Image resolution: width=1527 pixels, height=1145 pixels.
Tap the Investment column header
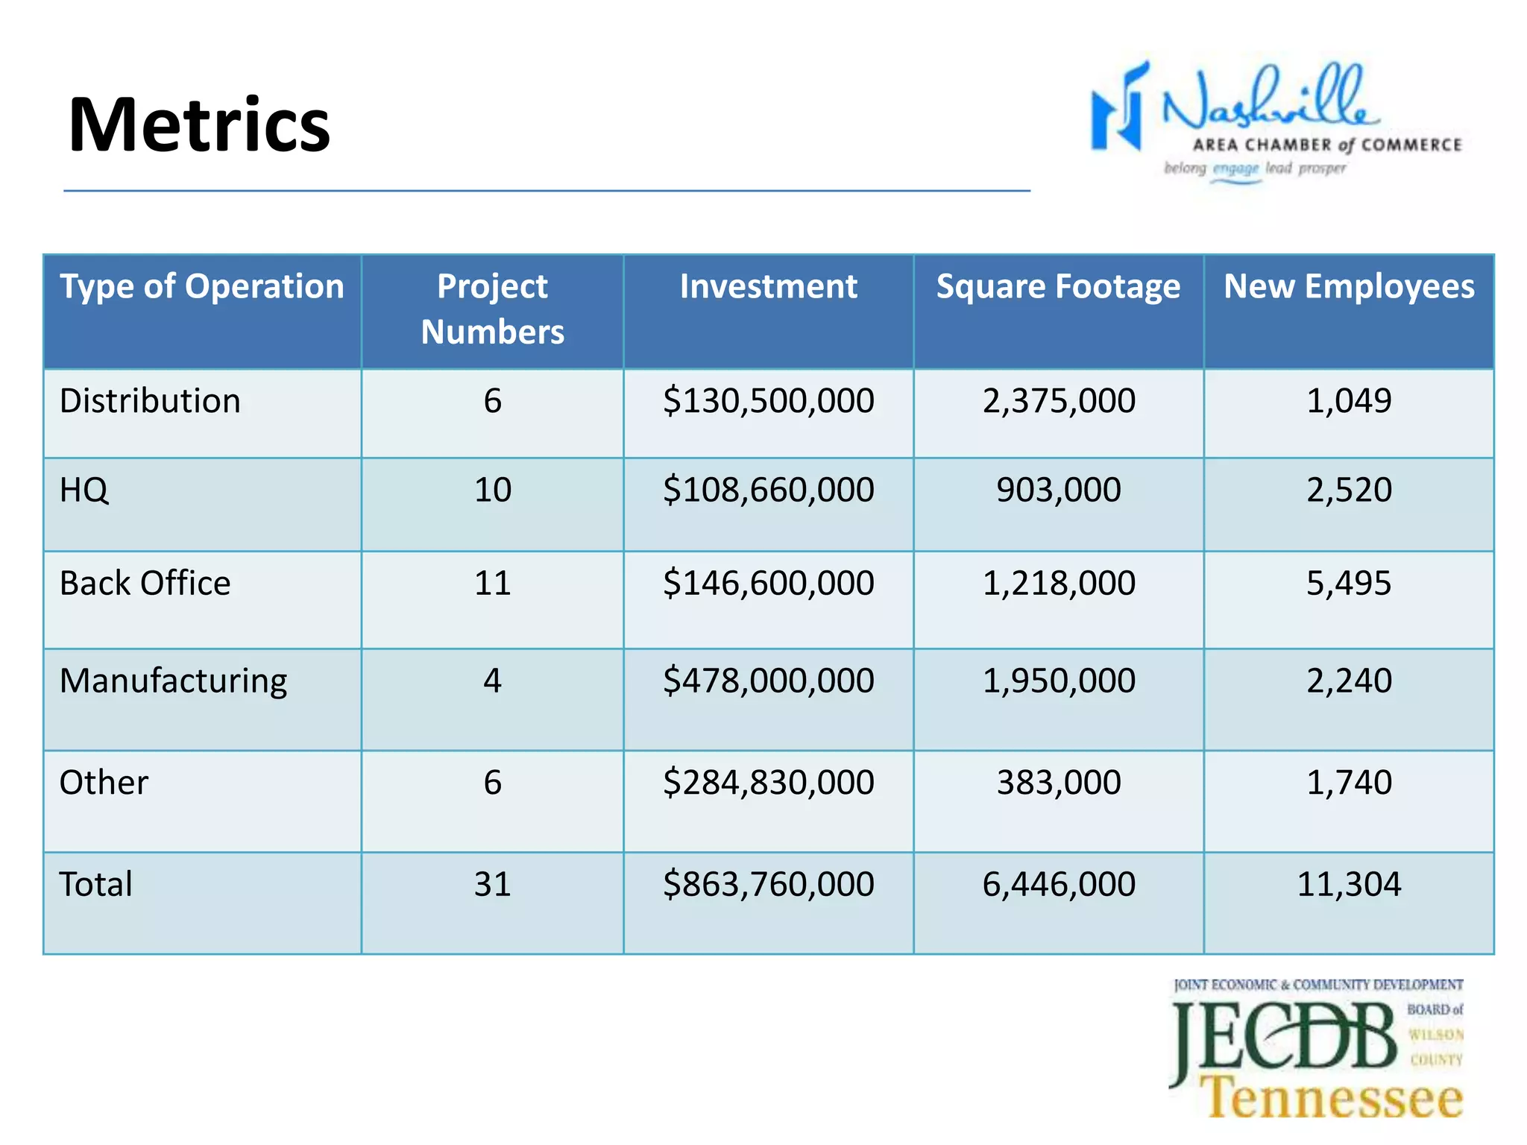(x=768, y=287)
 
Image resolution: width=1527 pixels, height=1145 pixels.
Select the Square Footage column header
(x=1058, y=287)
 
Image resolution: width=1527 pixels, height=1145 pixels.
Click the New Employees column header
(x=1349, y=287)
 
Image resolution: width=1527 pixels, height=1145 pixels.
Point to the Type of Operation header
(x=201, y=287)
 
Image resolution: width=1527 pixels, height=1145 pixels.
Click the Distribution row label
(x=150, y=401)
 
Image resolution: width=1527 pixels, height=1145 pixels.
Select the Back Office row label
(x=145, y=583)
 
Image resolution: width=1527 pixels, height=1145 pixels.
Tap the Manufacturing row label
(x=173, y=681)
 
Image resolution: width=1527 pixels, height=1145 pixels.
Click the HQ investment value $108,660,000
(x=768, y=490)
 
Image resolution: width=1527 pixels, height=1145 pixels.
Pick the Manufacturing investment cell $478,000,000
(x=768, y=681)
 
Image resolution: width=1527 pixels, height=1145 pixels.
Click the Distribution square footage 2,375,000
(x=1059, y=401)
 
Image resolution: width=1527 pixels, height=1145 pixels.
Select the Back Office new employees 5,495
(x=1349, y=583)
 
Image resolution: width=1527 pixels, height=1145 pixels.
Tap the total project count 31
(x=492, y=884)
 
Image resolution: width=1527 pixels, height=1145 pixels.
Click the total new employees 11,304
(x=1349, y=884)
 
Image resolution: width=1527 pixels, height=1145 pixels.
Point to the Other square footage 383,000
(x=1059, y=783)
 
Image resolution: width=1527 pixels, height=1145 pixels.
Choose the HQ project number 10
(x=492, y=490)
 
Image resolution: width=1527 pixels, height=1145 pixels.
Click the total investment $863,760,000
(x=768, y=884)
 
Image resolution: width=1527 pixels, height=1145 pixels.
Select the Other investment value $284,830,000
(x=768, y=783)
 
